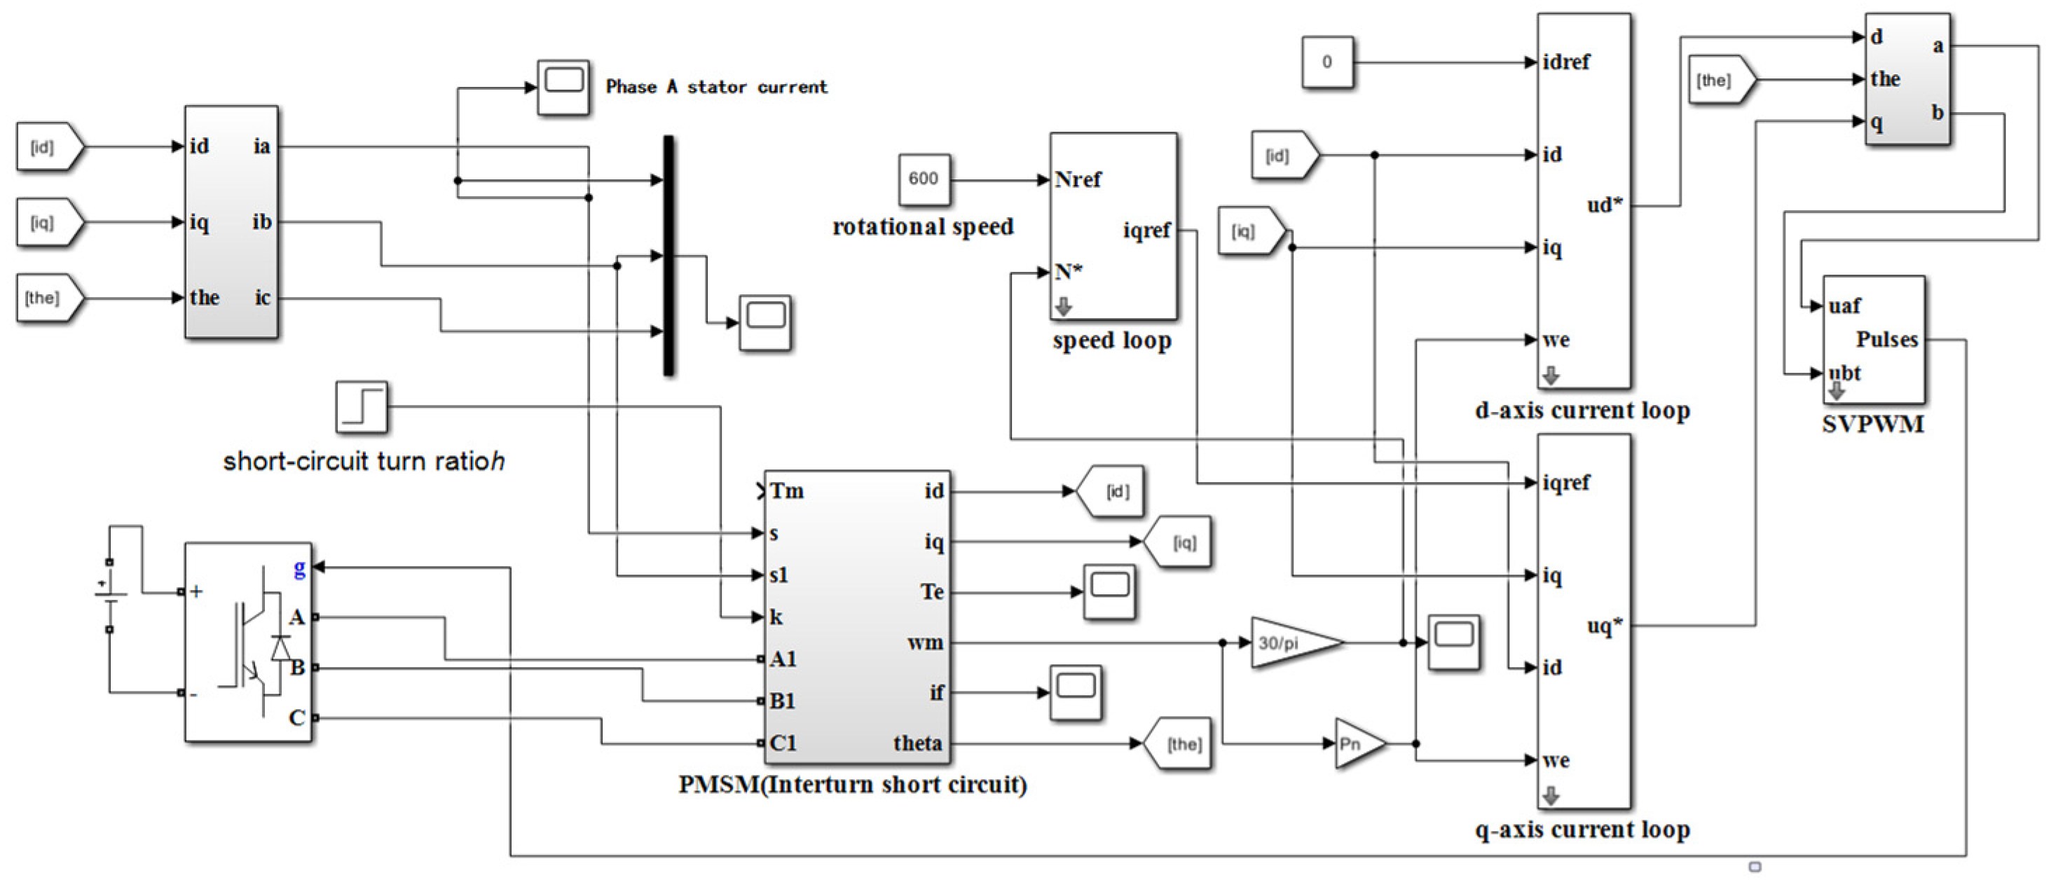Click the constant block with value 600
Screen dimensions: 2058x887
point(924,179)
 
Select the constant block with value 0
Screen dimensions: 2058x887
point(1327,62)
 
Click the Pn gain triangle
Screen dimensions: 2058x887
point(1361,744)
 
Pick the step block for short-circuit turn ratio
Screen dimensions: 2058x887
point(362,407)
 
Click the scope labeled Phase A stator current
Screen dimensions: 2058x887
point(563,86)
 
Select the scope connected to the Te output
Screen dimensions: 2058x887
point(1109,591)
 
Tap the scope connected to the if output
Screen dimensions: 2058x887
point(1076,692)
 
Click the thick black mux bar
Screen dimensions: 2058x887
point(668,256)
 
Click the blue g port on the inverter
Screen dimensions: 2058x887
point(300,568)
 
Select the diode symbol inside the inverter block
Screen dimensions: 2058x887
point(280,647)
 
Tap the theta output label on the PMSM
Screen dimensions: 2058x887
point(917,743)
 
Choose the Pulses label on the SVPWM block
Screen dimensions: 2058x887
point(1886,340)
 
